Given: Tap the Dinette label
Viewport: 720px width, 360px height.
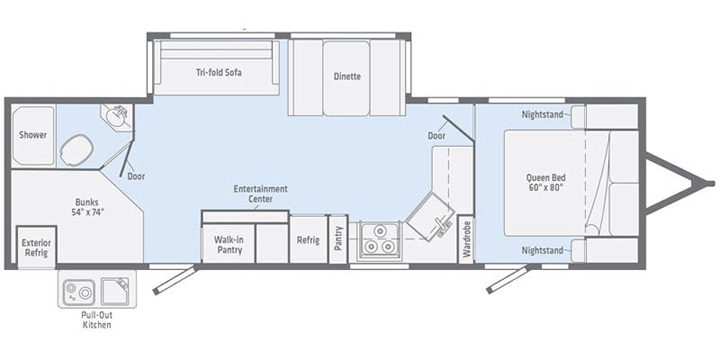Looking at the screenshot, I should tap(346, 76).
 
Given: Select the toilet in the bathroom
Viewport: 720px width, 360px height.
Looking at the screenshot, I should tap(76, 150).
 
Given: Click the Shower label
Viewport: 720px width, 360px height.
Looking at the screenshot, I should tap(33, 135).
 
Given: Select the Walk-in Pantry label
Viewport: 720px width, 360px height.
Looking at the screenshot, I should tap(229, 244).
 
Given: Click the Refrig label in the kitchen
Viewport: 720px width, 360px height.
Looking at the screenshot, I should tap(307, 240).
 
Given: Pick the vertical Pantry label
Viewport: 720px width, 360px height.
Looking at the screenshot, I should tap(338, 240).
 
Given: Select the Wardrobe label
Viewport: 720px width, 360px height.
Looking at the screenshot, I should tap(466, 240).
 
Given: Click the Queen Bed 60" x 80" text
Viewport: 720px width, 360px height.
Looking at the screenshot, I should tap(544, 183).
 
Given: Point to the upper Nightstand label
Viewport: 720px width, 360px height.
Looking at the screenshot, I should tap(544, 114).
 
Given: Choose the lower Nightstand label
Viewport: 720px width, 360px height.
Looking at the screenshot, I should tap(544, 249).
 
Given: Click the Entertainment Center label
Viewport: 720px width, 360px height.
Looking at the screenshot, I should tap(260, 194).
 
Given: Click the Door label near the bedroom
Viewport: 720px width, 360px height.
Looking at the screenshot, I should tap(436, 136).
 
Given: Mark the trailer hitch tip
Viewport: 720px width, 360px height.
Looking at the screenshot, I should tap(711, 183).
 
